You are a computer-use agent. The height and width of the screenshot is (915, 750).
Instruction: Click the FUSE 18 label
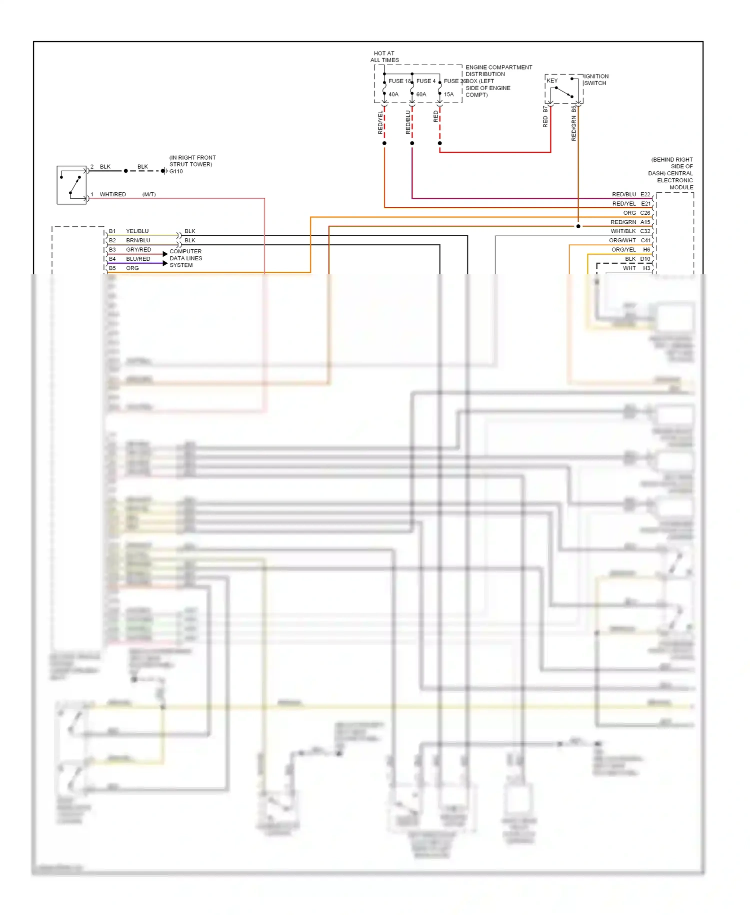[x=399, y=81]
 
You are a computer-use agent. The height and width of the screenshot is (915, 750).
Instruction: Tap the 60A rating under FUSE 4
[x=421, y=94]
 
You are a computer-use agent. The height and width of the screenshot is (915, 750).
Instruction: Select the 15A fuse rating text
[x=448, y=94]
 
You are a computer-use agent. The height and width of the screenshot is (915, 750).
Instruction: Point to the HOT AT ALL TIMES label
[x=384, y=57]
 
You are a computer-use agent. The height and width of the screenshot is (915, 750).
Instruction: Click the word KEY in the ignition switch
[x=552, y=81]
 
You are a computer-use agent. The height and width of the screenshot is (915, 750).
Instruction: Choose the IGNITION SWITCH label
[x=595, y=80]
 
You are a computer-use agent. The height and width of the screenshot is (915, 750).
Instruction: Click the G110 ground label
[x=176, y=171]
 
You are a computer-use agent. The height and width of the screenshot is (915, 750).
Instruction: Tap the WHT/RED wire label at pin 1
[x=112, y=194]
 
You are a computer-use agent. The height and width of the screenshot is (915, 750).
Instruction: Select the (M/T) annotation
[x=149, y=194]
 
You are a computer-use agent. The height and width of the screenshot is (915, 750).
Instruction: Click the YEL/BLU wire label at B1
[x=137, y=231]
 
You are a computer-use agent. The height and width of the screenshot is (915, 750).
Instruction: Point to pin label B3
[x=112, y=250]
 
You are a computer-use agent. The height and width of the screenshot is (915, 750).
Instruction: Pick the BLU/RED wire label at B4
[x=138, y=259]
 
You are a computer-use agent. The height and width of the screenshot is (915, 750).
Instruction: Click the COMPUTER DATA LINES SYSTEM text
[x=185, y=258]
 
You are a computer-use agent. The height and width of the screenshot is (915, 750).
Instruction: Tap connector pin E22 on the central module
[x=645, y=194]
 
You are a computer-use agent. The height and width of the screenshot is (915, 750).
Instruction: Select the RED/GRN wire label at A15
[x=623, y=222]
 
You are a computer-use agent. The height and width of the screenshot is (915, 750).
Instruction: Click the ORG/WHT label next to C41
[x=622, y=241]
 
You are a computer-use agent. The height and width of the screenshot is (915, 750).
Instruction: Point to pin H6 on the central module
[x=646, y=250]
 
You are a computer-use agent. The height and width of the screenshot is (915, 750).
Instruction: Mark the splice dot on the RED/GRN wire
[x=578, y=226]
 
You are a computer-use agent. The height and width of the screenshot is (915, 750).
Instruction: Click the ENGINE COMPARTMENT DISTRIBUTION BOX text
[x=498, y=81]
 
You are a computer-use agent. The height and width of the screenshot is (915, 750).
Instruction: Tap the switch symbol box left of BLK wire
[x=71, y=185]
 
